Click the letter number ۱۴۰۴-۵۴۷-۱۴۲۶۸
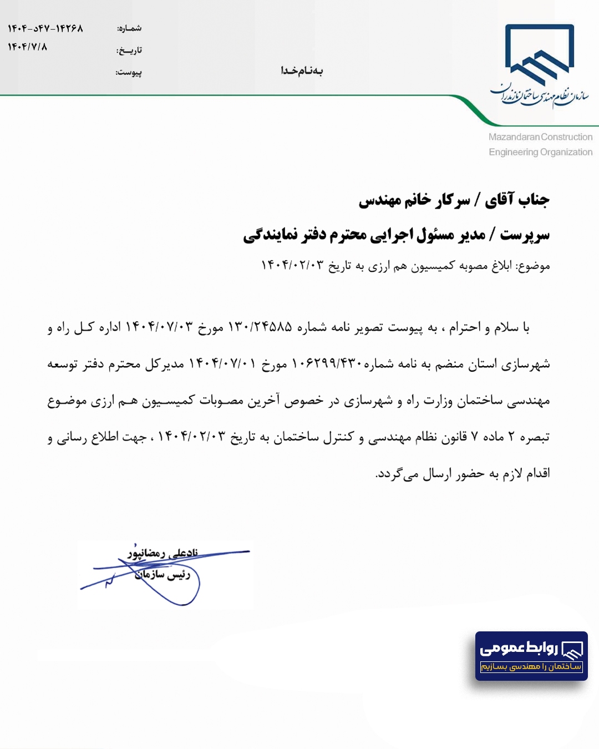pos(45,28)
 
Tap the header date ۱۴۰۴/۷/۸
pos(27,47)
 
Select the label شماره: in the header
pos(129,28)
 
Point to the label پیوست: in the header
pos(129,72)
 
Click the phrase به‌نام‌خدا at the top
pos(302,70)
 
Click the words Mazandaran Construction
pos(540,137)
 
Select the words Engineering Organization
pos(540,152)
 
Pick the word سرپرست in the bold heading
pos(525,235)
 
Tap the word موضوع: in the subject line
pos(532,266)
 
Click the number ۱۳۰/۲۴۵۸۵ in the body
pos(260,327)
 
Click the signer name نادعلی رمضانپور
pos(162,553)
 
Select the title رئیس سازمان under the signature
pos(162,575)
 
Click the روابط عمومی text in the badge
pos(519,648)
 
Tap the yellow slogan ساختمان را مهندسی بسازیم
pos(531,666)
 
